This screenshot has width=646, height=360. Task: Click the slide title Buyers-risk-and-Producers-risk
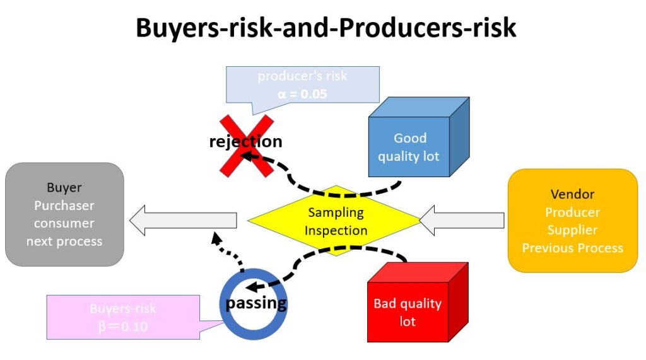coord(326,28)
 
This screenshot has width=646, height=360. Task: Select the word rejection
coord(245,141)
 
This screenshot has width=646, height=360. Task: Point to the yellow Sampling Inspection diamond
coord(336,221)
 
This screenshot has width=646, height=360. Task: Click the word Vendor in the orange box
coord(572,194)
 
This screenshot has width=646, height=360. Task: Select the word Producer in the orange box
coord(572,212)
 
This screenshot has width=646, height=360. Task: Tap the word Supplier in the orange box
coord(572,229)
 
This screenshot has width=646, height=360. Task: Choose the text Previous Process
coord(572,248)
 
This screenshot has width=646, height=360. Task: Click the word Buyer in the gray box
coord(64,188)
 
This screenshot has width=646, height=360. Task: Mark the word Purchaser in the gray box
coord(64,206)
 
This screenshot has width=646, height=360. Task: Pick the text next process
coord(64,241)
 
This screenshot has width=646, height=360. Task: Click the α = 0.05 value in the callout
coord(302,93)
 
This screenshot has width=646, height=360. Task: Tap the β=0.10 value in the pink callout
coord(122,326)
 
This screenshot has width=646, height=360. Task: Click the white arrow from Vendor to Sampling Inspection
coord(462,220)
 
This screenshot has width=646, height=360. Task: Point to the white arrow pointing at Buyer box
coord(183,220)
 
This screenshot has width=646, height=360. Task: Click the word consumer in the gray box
coord(64,223)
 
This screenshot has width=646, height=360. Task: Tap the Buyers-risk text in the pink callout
coord(122,309)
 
